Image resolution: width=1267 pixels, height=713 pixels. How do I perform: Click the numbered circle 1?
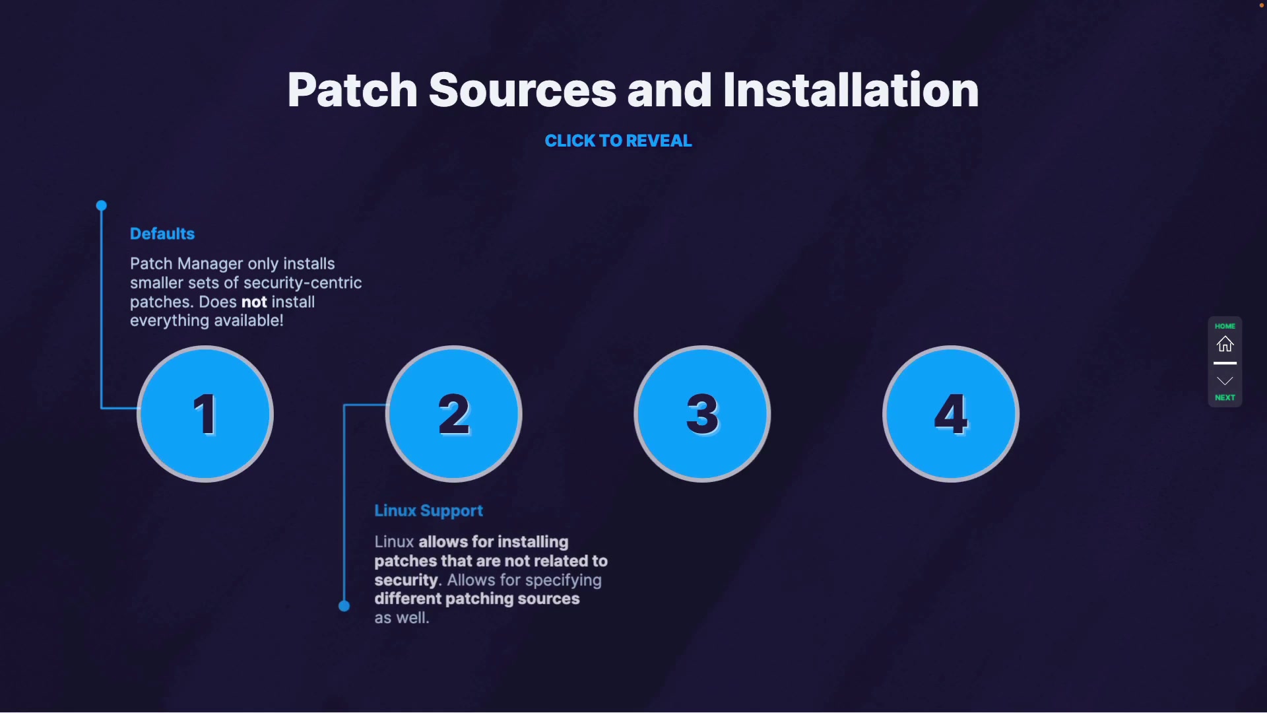point(205,414)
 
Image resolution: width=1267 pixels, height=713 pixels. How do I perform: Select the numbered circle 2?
point(454,414)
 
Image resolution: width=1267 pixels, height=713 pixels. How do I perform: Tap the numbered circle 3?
point(702,414)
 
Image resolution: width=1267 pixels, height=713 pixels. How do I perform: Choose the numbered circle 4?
point(951,414)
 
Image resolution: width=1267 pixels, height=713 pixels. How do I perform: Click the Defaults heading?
point(162,234)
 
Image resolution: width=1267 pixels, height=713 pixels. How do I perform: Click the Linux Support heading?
point(428,510)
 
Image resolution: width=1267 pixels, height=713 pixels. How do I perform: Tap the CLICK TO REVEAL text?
point(618,141)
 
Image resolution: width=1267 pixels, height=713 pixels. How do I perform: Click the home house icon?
point(1225,344)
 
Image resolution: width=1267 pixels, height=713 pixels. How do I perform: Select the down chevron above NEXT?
point(1225,381)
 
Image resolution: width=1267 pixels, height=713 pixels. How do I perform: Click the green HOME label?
point(1225,326)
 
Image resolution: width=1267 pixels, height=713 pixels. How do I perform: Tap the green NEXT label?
point(1225,397)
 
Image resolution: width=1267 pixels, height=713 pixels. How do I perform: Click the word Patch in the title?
point(352,90)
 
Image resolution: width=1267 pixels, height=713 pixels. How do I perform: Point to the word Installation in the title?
point(851,90)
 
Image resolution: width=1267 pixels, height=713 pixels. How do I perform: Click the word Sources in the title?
point(522,90)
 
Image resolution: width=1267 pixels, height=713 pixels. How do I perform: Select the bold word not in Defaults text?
point(254,302)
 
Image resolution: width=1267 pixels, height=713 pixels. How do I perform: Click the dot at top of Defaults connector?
point(102,206)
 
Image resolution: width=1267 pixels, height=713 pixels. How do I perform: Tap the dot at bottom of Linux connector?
point(344,606)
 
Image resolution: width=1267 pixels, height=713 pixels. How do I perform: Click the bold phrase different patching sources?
point(477,599)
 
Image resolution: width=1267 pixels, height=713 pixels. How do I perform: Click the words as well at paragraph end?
point(402,618)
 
